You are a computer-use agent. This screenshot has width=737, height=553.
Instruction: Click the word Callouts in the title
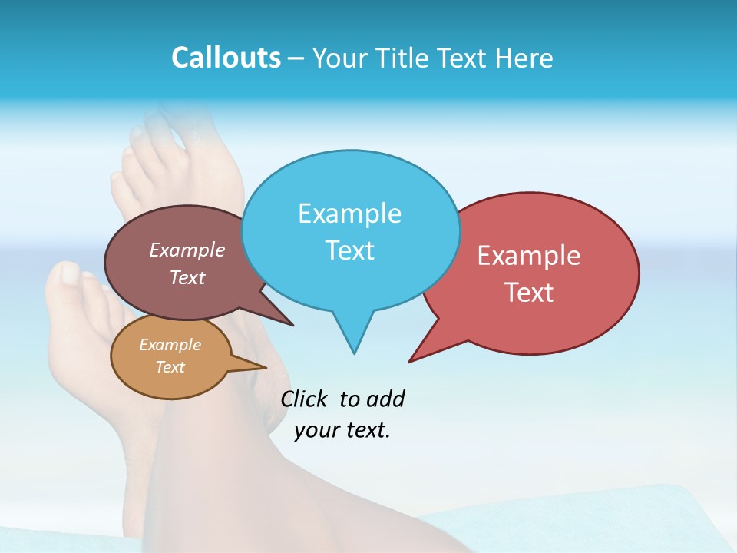pyautogui.click(x=226, y=58)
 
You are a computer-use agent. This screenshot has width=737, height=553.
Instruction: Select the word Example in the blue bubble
pyautogui.click(x=349, y=214)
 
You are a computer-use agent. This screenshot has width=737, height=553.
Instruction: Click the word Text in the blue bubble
pyautogui.click(x=349, y=250)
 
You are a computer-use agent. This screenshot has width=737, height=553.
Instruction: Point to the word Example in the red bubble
pyautogui.click(x=529, y=256)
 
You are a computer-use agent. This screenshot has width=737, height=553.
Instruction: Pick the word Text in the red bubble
pyautogui.click(x=529, y=293)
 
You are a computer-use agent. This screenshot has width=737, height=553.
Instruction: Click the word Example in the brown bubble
pyautogui.click(x=187, y=250)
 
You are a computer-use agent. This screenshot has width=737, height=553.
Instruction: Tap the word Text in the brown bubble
pyautogui.click(x=187, y=278)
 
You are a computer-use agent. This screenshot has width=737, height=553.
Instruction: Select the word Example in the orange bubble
pyautogui.click(x=170, y=345)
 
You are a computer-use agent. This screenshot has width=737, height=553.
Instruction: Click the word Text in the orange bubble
pyautogui.click(x=170, y=367)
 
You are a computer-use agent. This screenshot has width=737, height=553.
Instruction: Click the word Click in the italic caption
pyautogui.click(x=306, y=399)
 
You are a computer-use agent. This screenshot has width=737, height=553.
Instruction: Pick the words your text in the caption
pyautogui.click(x=342, y=430)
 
